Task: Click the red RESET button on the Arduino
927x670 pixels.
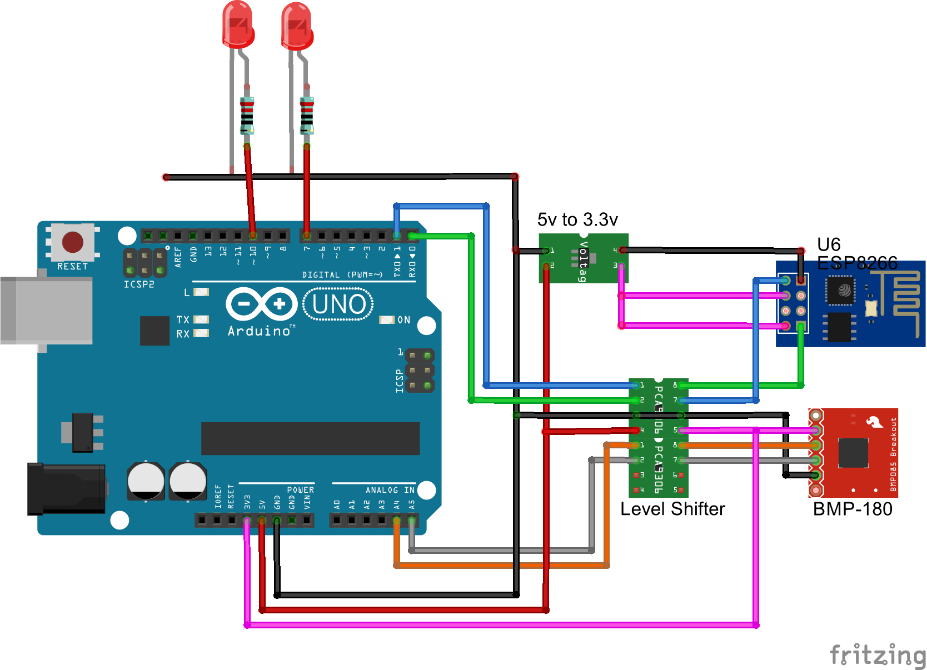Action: (73, 242)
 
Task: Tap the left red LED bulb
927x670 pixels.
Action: (238, 24)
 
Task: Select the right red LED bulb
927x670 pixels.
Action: (297, 27)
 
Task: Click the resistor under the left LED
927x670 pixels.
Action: (247, 115)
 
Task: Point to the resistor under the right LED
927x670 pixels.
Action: (307, 116)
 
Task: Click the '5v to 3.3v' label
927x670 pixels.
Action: (577, 220)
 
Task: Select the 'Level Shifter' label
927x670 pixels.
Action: (672, 509)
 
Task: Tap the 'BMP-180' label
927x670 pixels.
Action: (853, 509)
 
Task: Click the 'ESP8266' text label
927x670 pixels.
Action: (857, 263)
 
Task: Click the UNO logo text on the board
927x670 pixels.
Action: (338, 304)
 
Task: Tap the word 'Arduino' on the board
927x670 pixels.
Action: (259, 331)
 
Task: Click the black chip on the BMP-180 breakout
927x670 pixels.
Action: (853, 453)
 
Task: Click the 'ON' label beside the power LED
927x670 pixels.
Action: (404, 320)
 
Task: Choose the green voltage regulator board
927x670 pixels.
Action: (583, 258)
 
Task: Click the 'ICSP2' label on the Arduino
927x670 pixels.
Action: (139, 284)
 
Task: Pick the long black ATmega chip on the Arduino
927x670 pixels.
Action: (310, 438)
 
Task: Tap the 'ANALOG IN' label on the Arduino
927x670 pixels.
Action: (390, 490)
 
